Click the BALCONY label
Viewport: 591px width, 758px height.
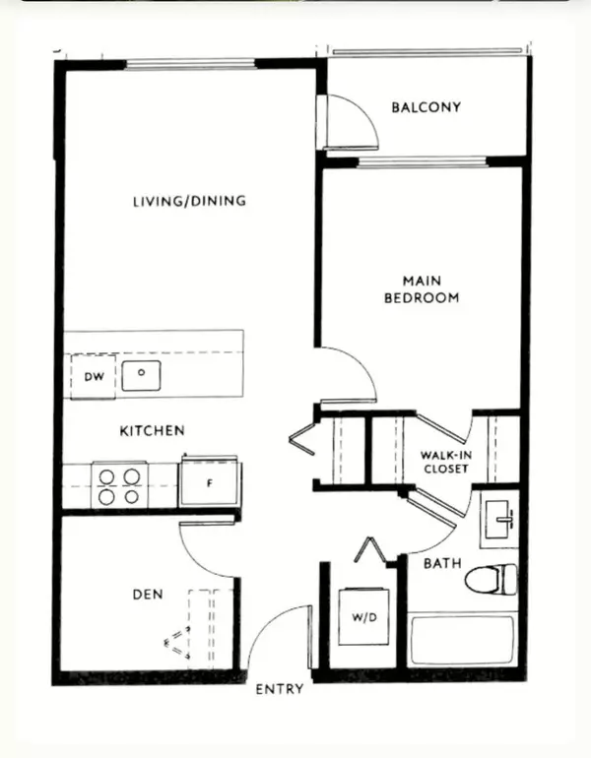click(427, 107)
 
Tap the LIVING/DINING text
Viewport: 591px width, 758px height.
click(189, 201)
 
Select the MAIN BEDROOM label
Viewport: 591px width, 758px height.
click(422, 289)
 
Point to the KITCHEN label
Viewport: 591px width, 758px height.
click(152, 430)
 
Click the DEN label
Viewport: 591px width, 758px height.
click(148, 595)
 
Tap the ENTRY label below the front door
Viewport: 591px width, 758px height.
click(280, 689)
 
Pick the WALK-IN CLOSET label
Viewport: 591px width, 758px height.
click(446, 462)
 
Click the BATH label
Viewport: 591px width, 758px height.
click(442, 563)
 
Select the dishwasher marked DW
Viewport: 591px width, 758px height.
click(94, 377)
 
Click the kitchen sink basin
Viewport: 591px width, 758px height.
click(141, 375)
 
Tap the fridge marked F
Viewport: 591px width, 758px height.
click(210, 482)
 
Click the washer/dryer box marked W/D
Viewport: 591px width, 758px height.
click(363, 617)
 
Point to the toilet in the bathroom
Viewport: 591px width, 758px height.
click(491, 579)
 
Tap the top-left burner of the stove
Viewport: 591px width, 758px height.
click(106, 477)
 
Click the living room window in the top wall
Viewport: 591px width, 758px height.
click(190, 64)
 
